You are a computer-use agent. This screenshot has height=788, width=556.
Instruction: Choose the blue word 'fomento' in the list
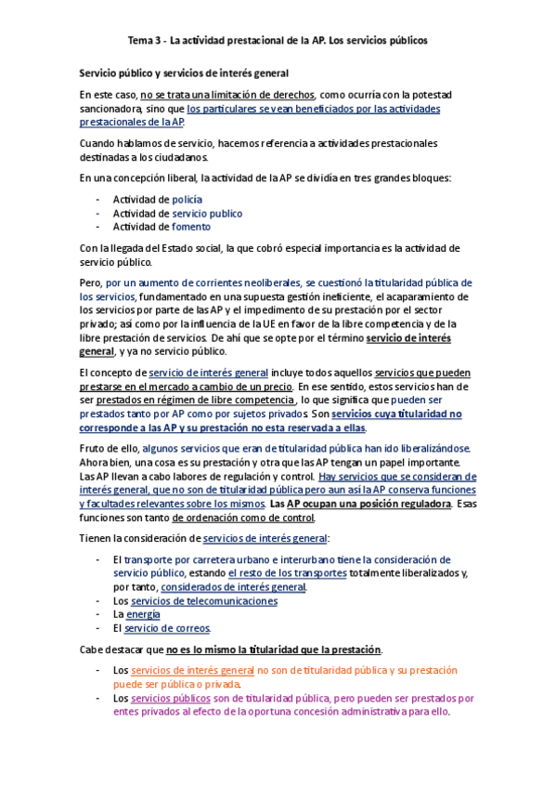[191, 226]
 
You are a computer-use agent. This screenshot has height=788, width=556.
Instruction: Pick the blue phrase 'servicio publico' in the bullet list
[207, 213]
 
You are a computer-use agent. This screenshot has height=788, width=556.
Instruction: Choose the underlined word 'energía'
[143, 614]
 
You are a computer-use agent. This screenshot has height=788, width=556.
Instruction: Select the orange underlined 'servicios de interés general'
[193, 670]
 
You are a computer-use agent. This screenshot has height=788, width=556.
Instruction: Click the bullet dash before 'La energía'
[98, 614]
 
